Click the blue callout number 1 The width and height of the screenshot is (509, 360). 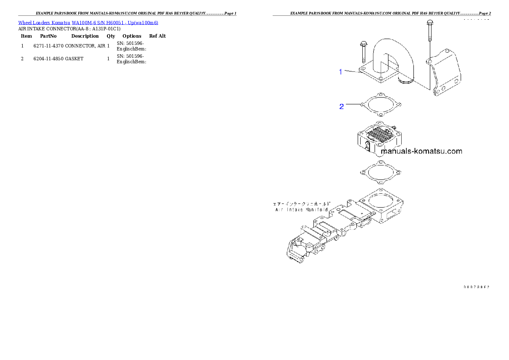340,72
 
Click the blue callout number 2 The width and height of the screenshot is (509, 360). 341,106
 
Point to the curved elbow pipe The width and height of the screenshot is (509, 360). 385,58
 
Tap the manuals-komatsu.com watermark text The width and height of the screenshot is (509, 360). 421,151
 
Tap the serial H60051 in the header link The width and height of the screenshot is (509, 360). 114,23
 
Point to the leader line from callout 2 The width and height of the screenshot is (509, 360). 353,104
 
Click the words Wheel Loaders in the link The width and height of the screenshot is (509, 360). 34,23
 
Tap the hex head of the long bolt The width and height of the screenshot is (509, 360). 429,22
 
